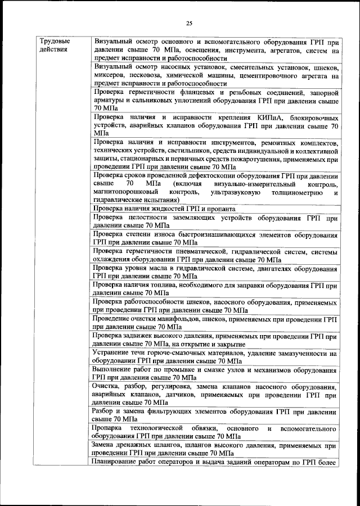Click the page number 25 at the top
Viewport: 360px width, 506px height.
click(188, 22)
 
